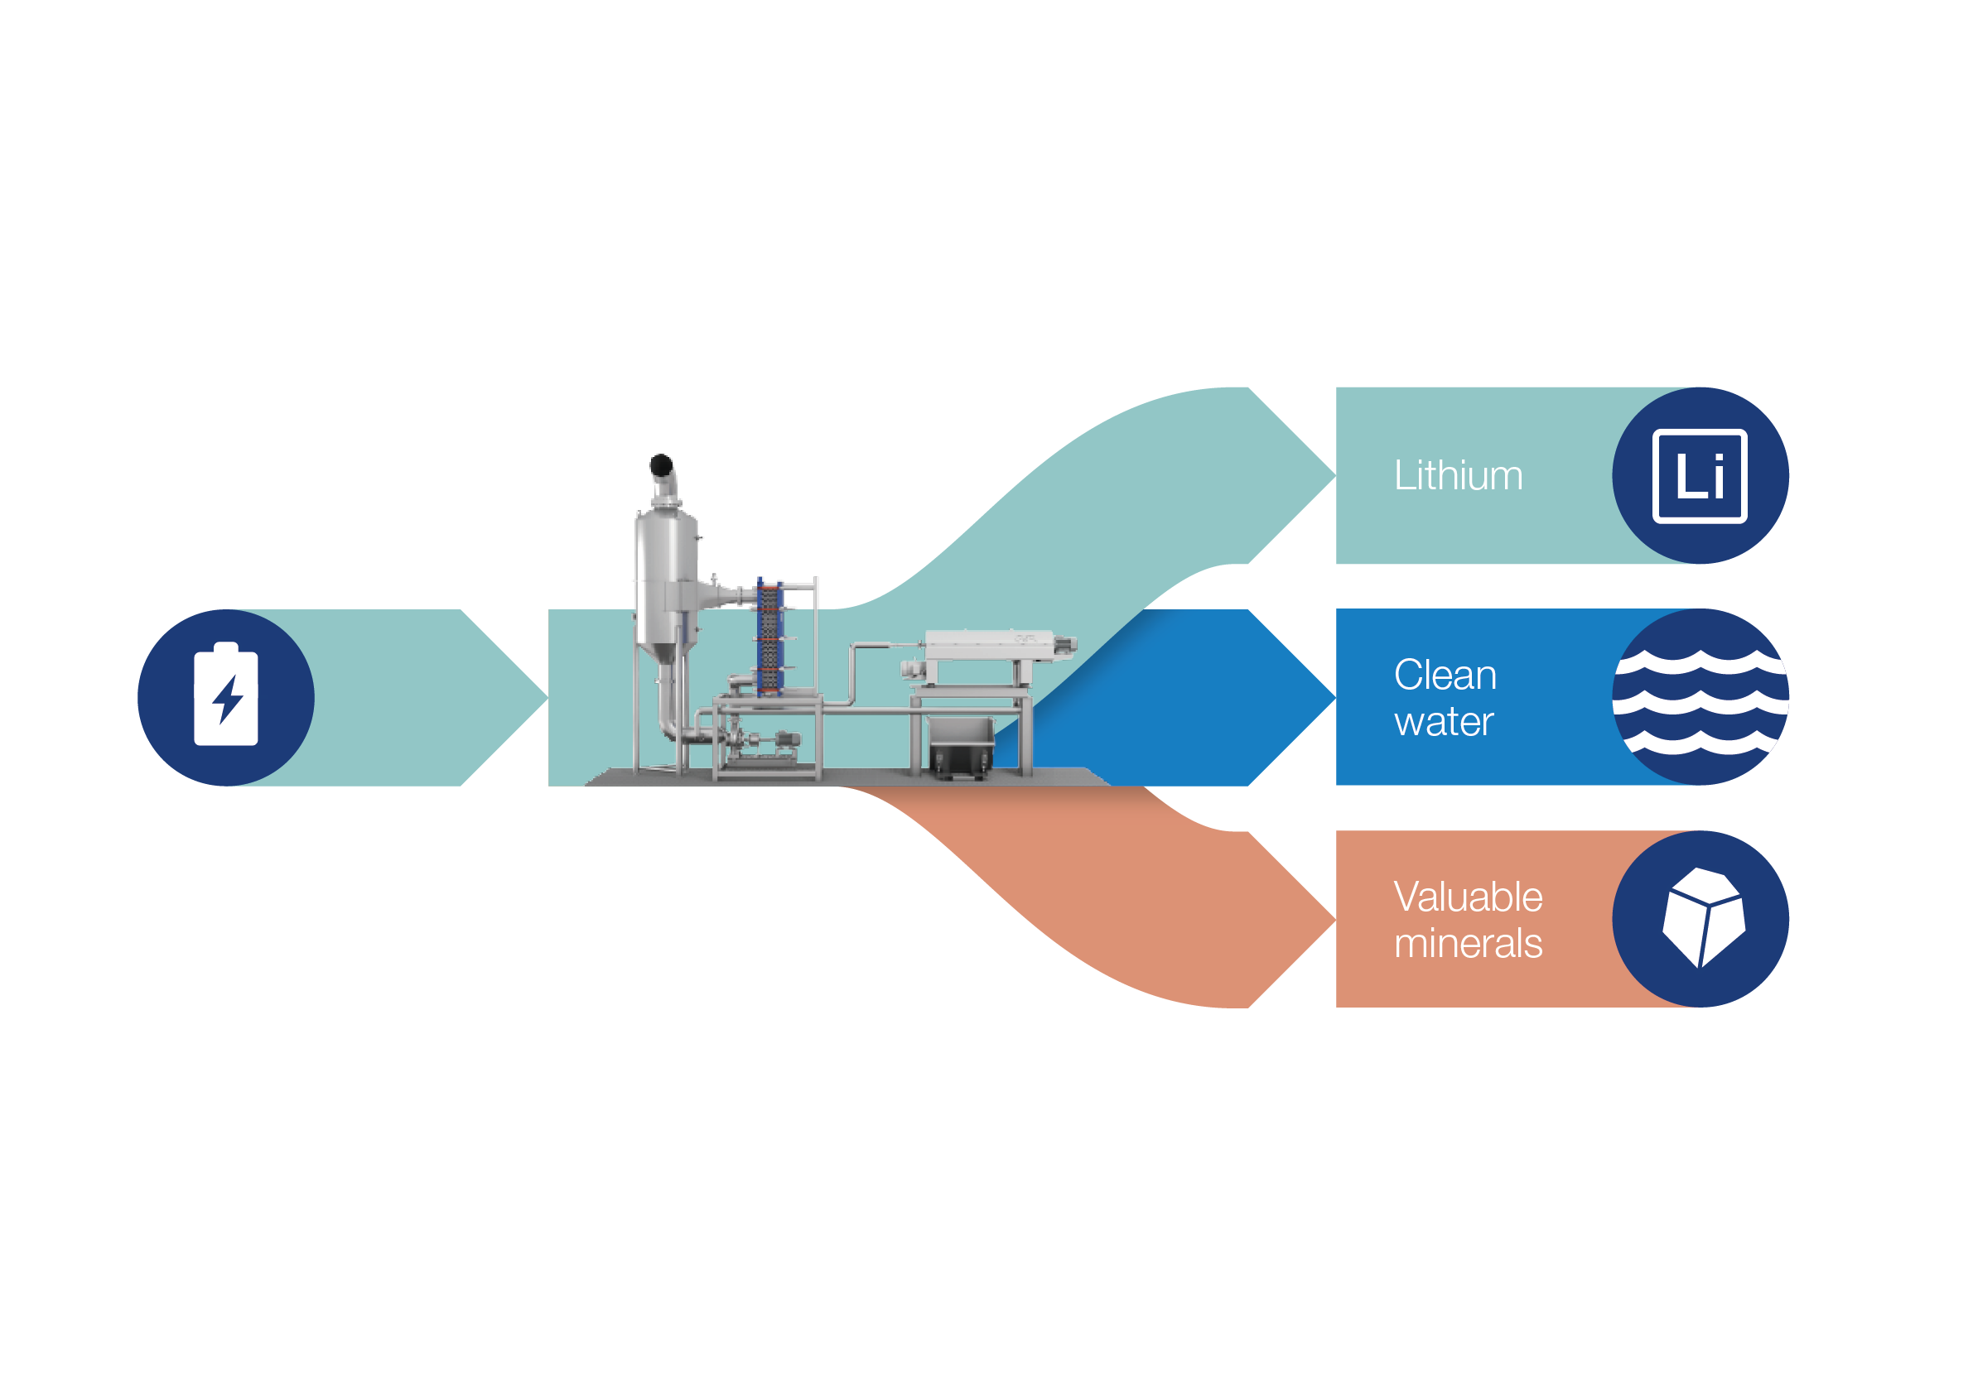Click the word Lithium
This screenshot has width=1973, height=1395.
point(1458,476)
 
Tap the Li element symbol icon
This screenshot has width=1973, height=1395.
point(1699,476)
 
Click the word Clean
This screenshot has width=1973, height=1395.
point(1445,676)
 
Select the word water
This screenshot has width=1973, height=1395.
point(1444,722)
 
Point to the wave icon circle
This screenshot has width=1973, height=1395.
point(1700,696)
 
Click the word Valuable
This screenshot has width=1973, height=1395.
point(1468,897)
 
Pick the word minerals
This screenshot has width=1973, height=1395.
point(1468,943)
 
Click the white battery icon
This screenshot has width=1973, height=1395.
point(226,694)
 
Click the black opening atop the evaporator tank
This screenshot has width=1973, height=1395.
point(661,465)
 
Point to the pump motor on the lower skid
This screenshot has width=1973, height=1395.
point(786,738)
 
